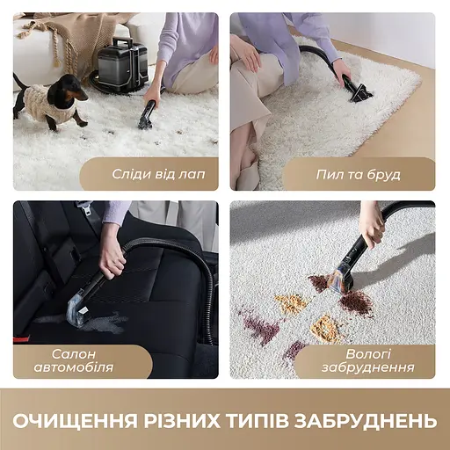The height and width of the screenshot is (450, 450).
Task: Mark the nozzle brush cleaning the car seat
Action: coord(78,301)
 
